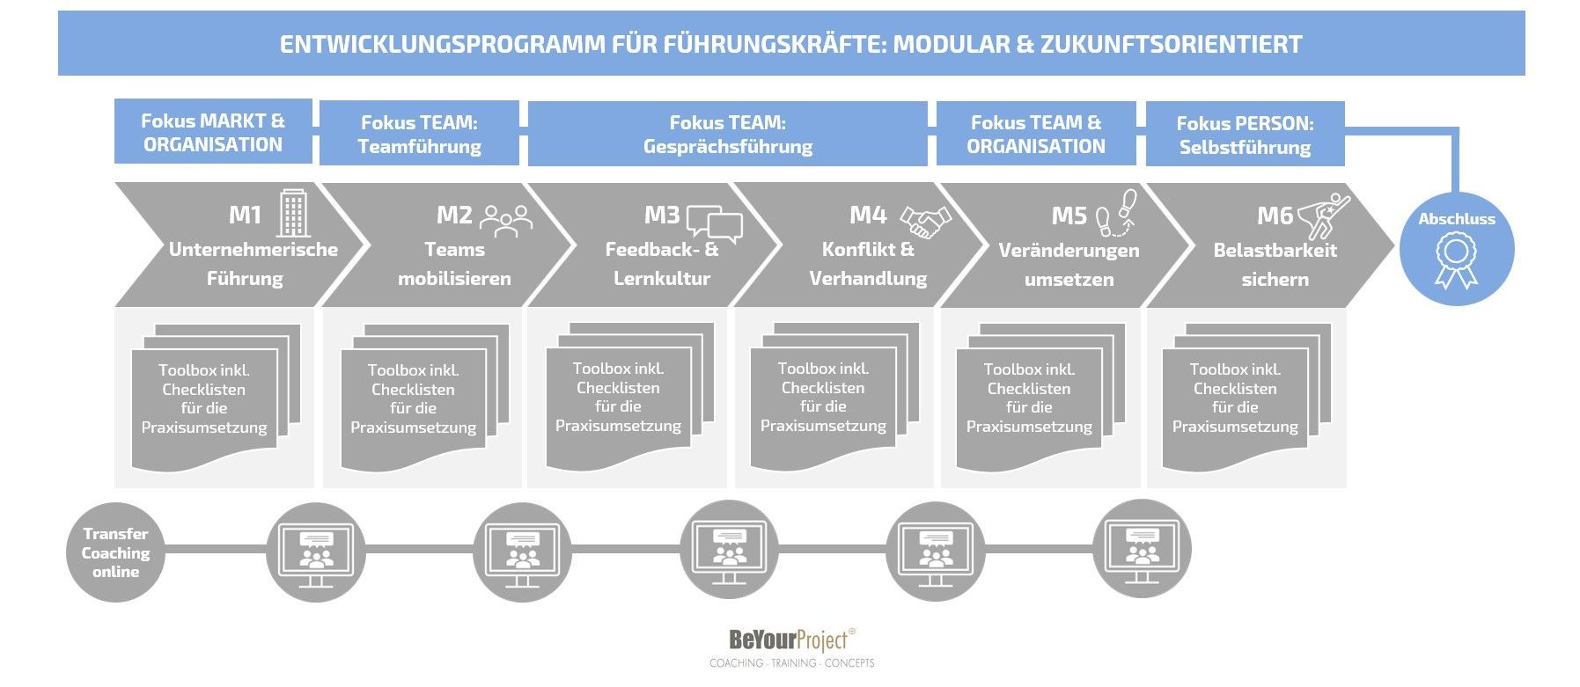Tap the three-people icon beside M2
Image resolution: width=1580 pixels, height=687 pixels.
click(x=506, y=221)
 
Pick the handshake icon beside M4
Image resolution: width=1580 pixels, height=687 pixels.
click(x=925, y=222)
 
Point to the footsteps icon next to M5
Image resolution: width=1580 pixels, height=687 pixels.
click(x=1116, y=214)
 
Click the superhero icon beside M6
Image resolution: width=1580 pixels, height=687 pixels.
click(x=1326, y=216)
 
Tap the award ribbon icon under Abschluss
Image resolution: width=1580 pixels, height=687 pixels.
click(x=1457, y=259)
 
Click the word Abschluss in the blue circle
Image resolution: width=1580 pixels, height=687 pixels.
click(x=1457, y=219)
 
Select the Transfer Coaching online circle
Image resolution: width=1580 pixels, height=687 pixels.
click(x=116, y=552)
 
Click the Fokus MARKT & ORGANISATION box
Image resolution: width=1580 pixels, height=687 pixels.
click(x=213, y=131)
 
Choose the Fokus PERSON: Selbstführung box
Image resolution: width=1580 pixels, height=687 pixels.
click(x=1245, y=134)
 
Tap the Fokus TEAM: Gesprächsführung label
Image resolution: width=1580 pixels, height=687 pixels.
click(x=727, y=134)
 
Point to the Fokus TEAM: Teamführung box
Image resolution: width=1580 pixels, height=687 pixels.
click(x=419, y=133)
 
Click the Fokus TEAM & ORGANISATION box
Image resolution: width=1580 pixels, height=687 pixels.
click(x=1036, y=134)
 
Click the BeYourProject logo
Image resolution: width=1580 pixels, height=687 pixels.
click(x=792, y=647)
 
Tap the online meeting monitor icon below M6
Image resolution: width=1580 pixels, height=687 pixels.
click(x=1143, y=552)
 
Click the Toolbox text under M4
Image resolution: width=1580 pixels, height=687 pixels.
click(x=823, y=397)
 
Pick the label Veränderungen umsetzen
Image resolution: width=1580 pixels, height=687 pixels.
click(x=1069, y=265)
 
